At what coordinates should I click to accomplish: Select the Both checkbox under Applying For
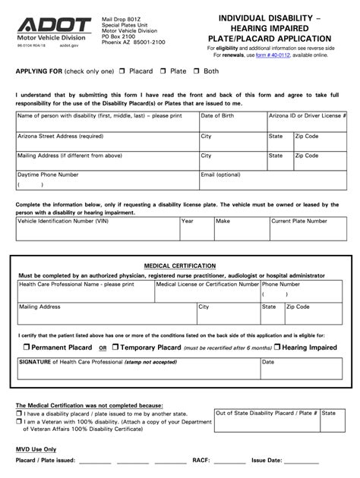tap(197, 71)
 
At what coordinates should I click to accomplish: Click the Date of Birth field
tap(232, 121)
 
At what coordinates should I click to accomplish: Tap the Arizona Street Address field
tap(106, 141)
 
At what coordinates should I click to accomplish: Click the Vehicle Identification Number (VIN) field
tap(96, 231)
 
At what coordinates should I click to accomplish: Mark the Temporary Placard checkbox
tap(115, 347)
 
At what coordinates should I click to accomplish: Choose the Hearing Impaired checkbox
tap(277, 347)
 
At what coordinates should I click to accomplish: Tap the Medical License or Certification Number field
tap(207, 294)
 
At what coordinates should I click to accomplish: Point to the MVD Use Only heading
tap(36, 449)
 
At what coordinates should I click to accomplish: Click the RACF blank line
tap(229, 461)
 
